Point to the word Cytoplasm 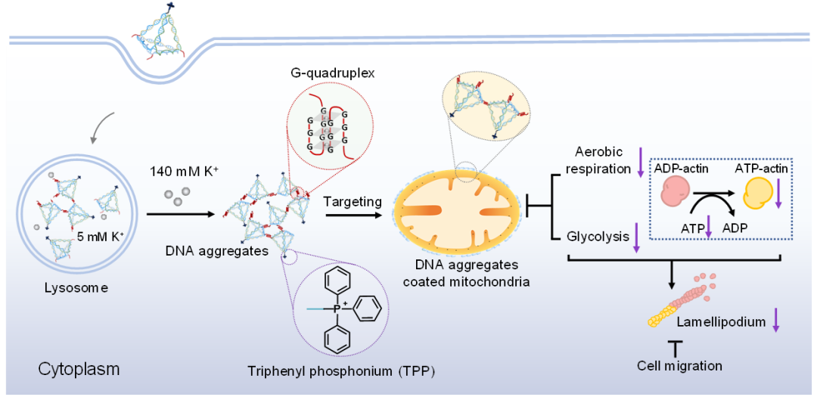pos(79,370)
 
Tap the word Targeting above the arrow pos(352,202)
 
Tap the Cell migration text pos(679,366)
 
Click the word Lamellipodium pos(721,322)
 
